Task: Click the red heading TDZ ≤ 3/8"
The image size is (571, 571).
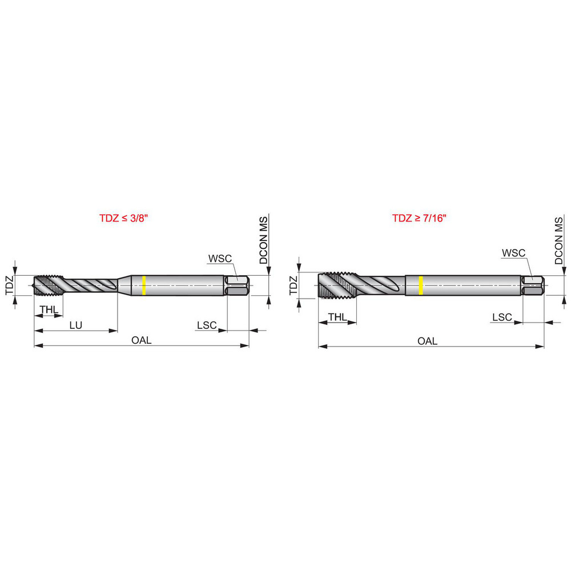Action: coord(124,218)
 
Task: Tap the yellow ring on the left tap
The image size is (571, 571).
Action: coord(144,285)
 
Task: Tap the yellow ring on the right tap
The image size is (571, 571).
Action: coord(421,284)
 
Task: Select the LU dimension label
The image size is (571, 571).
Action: coord(75,325)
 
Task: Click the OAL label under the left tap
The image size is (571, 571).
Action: coord(141,340)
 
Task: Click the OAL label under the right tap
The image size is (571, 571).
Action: coord(427,341)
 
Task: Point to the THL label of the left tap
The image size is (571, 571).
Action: coord(49,309)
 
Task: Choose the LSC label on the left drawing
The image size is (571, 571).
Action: coord(207,325)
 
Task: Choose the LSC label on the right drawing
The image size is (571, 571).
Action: coord(502,317)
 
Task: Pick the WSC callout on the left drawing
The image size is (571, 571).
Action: coord(219,258)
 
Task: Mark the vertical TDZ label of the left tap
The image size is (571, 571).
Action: coord(10,285)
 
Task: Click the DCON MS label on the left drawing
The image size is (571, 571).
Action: coord(264,240)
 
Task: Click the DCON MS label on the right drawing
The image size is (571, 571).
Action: coord(558,240)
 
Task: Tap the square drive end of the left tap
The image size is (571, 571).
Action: coord(238,285)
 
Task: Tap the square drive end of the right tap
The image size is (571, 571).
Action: coord(533,284)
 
